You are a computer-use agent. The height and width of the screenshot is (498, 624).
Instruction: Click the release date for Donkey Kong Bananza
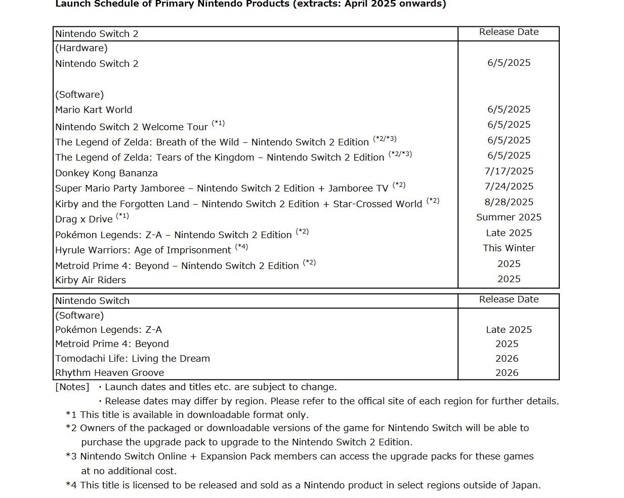(509, 171)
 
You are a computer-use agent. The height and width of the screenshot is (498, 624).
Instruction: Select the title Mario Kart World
(94, 110)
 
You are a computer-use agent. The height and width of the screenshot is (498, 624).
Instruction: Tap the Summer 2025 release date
(509, 217)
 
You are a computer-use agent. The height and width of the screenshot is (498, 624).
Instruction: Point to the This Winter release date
(509, 248)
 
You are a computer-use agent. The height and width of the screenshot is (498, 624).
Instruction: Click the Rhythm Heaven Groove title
(109, 373)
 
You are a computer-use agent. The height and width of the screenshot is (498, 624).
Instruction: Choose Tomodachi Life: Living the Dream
(132, 359)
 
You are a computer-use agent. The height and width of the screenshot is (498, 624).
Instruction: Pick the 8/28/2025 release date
(509, 202)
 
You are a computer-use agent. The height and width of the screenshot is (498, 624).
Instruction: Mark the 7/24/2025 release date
(509, 186)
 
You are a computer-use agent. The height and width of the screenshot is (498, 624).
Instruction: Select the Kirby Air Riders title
(91, 280)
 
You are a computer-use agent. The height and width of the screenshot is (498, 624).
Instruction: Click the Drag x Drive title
(84, 219)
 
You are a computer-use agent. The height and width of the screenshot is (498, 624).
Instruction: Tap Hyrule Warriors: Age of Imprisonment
(143, 250)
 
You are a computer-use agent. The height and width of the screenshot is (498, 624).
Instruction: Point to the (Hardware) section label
(81, 48)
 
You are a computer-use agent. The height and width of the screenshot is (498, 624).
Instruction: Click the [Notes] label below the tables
(72, 387)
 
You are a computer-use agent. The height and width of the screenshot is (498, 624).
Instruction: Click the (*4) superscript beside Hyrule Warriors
(241, 247)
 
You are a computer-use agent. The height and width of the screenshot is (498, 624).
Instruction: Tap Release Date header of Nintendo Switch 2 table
(509, 32)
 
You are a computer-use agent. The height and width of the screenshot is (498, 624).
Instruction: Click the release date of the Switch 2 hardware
(509, 63)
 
